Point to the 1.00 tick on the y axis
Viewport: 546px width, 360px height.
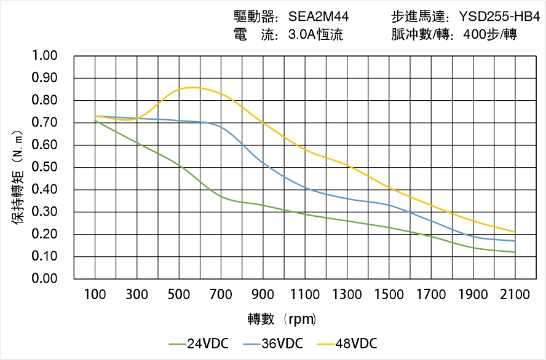pyautogui.click(x=44, y=56)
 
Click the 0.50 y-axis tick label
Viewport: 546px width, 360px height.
pyautogui.click(x=44, y=167)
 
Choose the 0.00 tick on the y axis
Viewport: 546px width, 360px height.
pyautogui.click(x=44, y=279)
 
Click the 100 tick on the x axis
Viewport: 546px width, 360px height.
pyautogui.click(x=95, y=295)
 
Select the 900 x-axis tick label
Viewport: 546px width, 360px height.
pyautogui.click(x=263, y=295)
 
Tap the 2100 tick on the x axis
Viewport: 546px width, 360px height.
pyautogui.click(x=515, y=295)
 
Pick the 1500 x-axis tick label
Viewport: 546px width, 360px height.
pyautogui.click(x=389, y=295)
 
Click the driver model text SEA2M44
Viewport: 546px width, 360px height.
pyautogui.click(x=318, y=17)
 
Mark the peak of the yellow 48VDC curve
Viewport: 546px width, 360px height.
pyautogui.click(x=192, y=87)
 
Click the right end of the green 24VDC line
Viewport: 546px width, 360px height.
pyautogui.click(x=515, y=252)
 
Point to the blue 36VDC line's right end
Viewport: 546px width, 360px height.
pyautogui.click(x=515, y=241)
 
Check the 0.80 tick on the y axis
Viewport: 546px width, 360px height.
pyautogui.click(x=44, y=100)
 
